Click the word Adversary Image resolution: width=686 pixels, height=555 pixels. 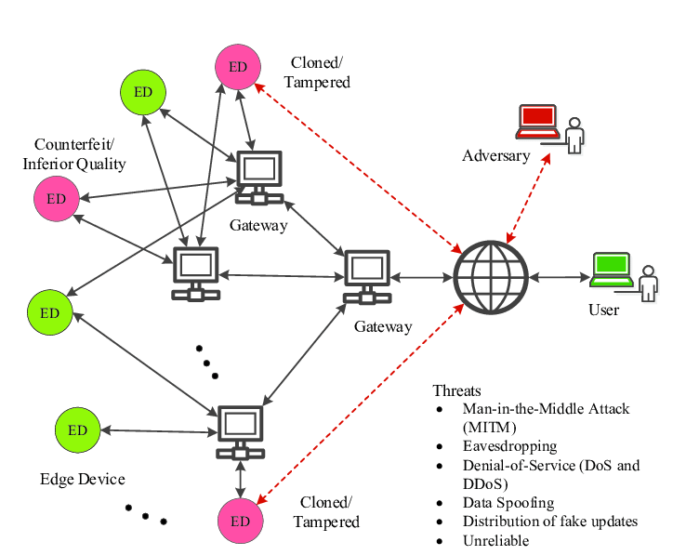coord(495,155)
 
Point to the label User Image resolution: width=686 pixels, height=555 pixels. coord(603,310)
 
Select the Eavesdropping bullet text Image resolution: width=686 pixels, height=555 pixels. coord(509,446)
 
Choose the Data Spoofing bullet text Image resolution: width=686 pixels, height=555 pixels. coord(507,502)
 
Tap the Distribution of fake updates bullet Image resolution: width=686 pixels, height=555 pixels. coord(549,521)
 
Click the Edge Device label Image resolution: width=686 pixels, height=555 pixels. coord(82,480)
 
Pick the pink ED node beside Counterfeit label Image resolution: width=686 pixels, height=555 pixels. coord(56,198)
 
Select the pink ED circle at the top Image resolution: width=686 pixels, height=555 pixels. coord(237,66)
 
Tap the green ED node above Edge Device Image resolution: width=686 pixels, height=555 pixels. coord(77,429)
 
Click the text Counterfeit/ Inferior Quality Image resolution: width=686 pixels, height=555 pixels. coord(80,154)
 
